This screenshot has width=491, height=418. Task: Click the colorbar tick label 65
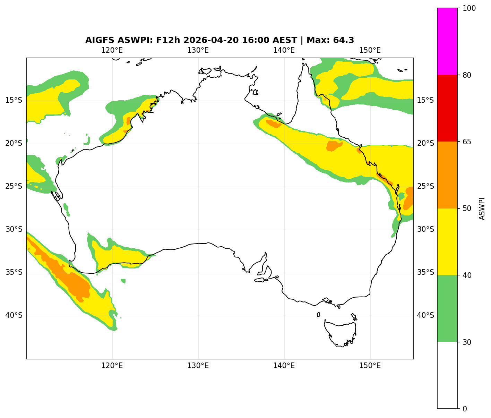tap(467, 142)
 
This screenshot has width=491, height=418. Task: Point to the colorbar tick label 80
tap(467, 75)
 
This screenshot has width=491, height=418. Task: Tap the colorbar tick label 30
tap(467, 342)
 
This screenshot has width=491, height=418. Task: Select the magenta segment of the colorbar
tap(447, 41)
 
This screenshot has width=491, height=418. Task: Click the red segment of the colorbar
tap(447, 108)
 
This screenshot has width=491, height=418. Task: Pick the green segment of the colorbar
tap(447, 308)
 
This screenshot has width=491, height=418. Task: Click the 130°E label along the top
tap(198, 50)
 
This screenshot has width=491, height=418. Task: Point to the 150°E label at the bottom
tap(370, 366)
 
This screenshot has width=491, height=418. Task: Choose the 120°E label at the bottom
tap(112, 366)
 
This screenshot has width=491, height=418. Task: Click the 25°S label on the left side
tap(14, 187)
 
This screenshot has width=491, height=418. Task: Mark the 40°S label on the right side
tap(425, 315)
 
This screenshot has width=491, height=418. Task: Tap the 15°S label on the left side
tap(14, 101)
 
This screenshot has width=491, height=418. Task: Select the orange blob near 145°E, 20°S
tap(334, 146)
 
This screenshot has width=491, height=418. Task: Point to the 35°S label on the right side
tap(425, 272)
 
